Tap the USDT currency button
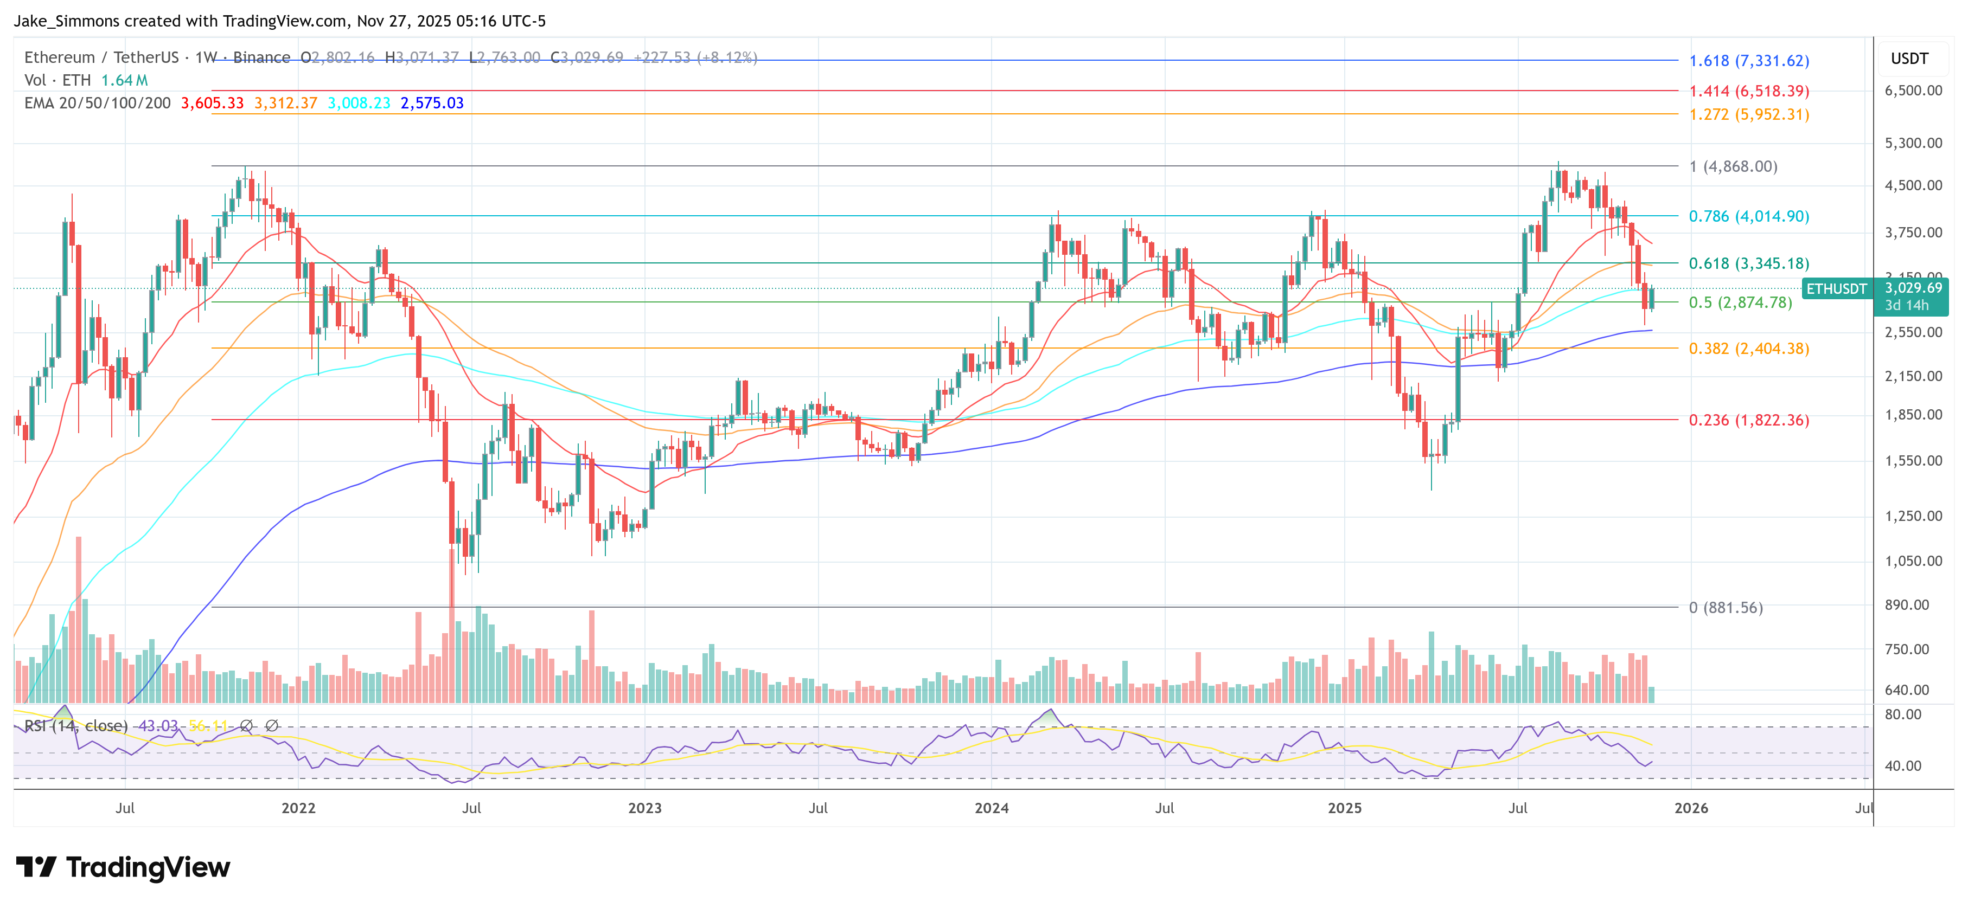(x=1909, y=59)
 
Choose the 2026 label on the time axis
(x=1691, y=808)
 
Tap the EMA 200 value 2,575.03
(x=432, y=103)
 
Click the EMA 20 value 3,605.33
(x=212, y=103)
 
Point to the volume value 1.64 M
(x=125, y=80)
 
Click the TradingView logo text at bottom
(x=148, y=867)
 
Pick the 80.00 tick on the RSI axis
(x=1903, y=715)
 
